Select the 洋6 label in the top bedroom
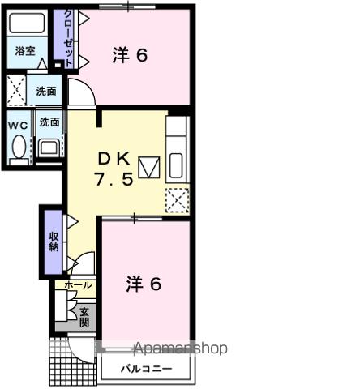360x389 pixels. pyautogui.click(x=130, y=56)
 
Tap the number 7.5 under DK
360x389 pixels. pyautogui.click(x=114, y=180)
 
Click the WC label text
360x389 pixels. pyautogui.click(x=18, y=125)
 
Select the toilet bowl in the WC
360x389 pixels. pyautogui.click(x=18, y=147)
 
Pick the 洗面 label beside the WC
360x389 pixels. pyautogui.click(x=49, y=123)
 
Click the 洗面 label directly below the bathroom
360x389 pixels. pyautogui.click(x=45, y=91)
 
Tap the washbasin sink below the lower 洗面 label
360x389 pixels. pyautogui.click(x=48, y=147)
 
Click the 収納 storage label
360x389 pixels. pyautogui.click(x=53, y=242)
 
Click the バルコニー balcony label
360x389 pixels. pyautogui.click(x=147, y=369)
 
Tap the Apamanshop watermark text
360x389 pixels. pyautogui.click(x=180, y=349)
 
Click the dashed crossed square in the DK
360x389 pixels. pyautogui.click(x=177, y=199)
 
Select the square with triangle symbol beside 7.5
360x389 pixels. pyautogui.click(x=148, y=169)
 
